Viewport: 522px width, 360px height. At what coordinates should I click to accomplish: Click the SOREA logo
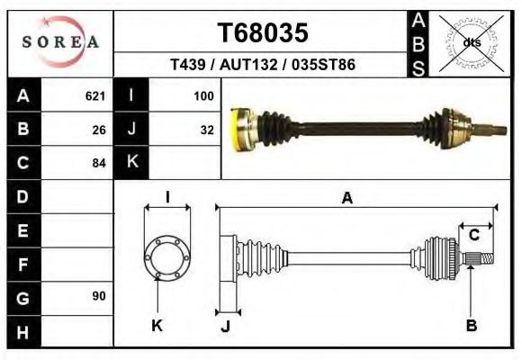tap(59, 42)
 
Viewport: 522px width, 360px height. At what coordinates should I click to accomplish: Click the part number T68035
tap(263, 33)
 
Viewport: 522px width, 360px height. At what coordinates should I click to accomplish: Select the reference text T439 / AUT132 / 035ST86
tap(263, 66)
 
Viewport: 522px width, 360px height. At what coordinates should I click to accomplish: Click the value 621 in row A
tap(94, 95)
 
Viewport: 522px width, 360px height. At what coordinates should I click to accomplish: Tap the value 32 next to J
tap(206, 129)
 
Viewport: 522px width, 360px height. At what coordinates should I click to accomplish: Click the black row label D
tap(22, 196)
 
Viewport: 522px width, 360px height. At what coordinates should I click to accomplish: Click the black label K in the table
tap(131, 163)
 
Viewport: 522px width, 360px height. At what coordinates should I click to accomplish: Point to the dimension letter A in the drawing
tap(346, 200)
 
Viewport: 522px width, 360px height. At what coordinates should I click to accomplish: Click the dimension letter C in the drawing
tap(473, 236)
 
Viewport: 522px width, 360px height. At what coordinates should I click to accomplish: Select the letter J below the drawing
tap(225, 327)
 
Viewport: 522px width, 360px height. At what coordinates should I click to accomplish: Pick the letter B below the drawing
tap(471, 326)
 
